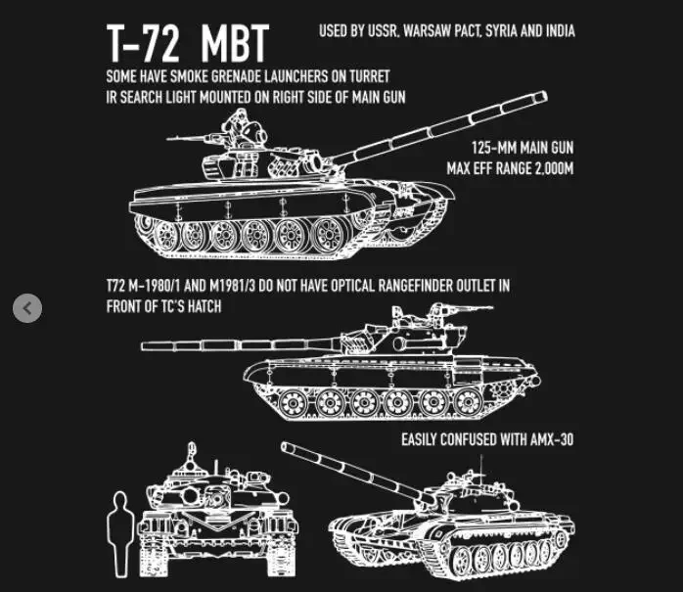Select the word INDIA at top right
click(554, 31)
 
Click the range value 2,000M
click(548, 167)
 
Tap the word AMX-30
click(549, 439)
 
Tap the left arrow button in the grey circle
click(27, 308)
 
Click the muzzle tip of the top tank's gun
click(543, 96)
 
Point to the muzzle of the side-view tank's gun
click(145, 345)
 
